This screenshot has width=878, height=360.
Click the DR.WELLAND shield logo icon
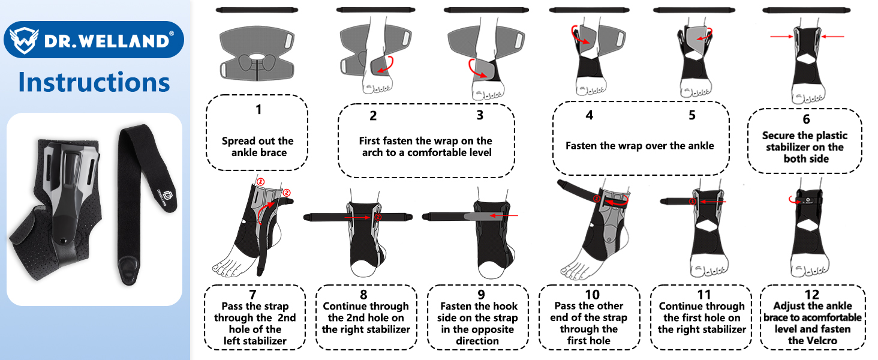coord(22,40)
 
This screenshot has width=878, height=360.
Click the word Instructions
coord(94,82)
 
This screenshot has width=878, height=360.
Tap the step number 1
coord(258,110)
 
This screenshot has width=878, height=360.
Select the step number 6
coord(806,119)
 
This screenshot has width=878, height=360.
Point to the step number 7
coord(252,294)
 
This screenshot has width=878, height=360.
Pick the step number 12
coord(812,295)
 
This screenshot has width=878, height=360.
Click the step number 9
coord(477,295)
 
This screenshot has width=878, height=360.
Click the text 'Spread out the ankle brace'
coord(257,147)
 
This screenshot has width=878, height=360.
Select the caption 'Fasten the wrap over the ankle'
coord(640,146)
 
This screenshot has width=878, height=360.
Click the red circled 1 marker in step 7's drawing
coord(260,181)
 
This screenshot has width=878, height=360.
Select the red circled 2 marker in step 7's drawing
coord(286,193)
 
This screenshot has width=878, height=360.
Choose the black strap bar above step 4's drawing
coord(588,10)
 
